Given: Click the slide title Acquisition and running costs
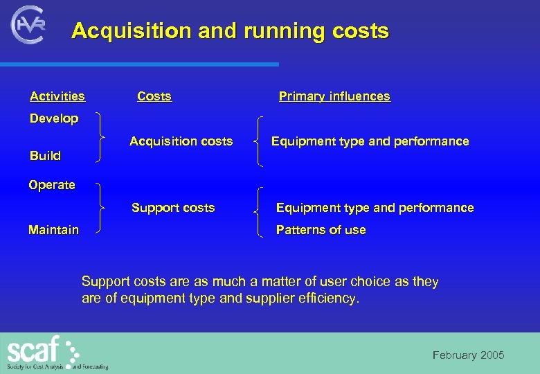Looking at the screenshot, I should [x=230, y=31].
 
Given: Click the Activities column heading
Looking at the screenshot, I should [x=57, y=96].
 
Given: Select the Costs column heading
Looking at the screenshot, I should [x=154, y=96].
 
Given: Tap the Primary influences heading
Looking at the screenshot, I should [x=334, y=96].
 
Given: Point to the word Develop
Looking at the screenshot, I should [x=54, y=118].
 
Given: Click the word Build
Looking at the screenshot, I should [x=45, y=156].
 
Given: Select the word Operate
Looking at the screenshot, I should [x=52, y=185].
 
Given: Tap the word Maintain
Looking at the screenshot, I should [x=53, y=230].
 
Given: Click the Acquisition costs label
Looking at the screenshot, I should [x=181, y=141].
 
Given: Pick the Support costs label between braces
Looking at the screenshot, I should [x=173, y=208].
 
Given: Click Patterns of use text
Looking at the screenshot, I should [x=321, y=230].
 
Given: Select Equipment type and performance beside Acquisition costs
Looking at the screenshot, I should [x=370, y=141].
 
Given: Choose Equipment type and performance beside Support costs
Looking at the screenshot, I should [x=375, y=208].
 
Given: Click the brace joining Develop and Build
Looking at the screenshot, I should [x=102, y=138].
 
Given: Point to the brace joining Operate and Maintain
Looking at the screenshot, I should [x=102, y=207].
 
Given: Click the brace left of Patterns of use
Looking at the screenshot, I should [x=260, y=212].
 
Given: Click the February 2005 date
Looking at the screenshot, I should [x=469, y=355].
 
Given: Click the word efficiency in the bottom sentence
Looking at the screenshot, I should [x=331, y=299].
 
